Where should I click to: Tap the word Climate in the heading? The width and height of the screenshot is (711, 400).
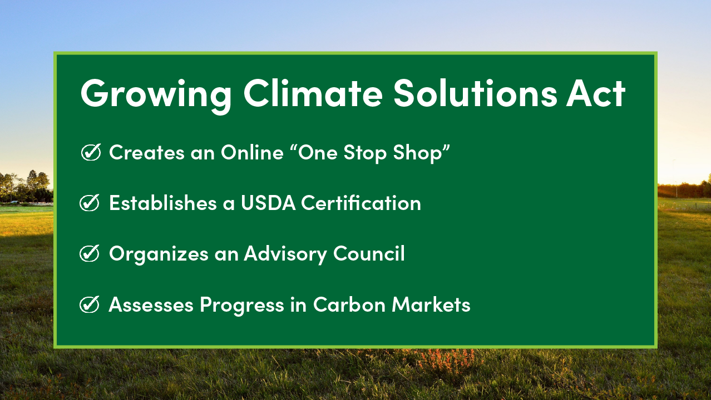tap(313, 93)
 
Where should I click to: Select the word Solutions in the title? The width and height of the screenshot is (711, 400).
tap(475, 93)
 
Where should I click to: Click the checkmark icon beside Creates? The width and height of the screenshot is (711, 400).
tap(91, 152)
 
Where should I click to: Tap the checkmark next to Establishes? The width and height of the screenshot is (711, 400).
tap(90, 203)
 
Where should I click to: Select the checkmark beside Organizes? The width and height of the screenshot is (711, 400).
tap(90, 253)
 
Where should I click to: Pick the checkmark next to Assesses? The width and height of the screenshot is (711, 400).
tap(90, 304)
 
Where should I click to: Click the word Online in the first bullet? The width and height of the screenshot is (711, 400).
tap(252, 152)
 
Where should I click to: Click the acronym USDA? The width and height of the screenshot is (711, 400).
tap(268, 203)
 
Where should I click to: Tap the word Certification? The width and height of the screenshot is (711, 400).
tap(361, 202)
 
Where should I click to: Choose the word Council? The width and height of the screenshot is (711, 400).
tap(369, 253)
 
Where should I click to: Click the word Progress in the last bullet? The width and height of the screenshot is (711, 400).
tap(241, 305)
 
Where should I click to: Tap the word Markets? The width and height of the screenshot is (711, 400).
tap(431, 304)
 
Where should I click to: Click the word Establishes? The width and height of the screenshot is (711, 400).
tap(163, 203)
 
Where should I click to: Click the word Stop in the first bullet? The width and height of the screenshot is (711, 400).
tap(365, 153)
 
